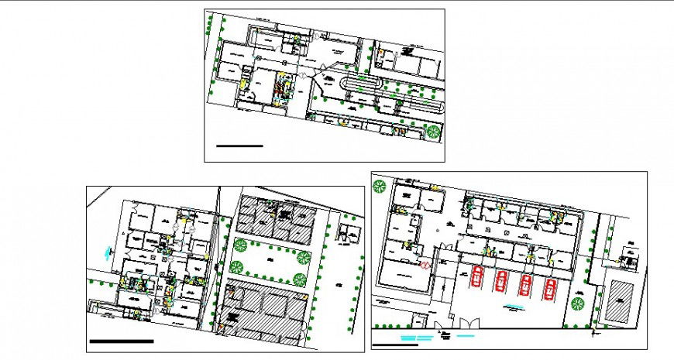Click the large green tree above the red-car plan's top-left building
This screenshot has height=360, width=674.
[380, 187]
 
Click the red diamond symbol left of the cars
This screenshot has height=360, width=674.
[425, 264]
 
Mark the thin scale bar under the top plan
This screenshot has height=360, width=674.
[239, 145]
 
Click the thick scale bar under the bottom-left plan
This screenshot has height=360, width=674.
[122, 341]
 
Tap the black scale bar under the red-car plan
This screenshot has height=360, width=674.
[395, 345]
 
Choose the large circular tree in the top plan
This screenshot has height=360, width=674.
[433, 132]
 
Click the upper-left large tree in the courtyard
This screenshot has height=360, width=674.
[238, 245]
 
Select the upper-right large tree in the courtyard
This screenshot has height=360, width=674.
[304, 257]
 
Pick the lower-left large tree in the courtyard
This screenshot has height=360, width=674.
[236, 268]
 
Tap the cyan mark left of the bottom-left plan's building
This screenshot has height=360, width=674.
[105, 251]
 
